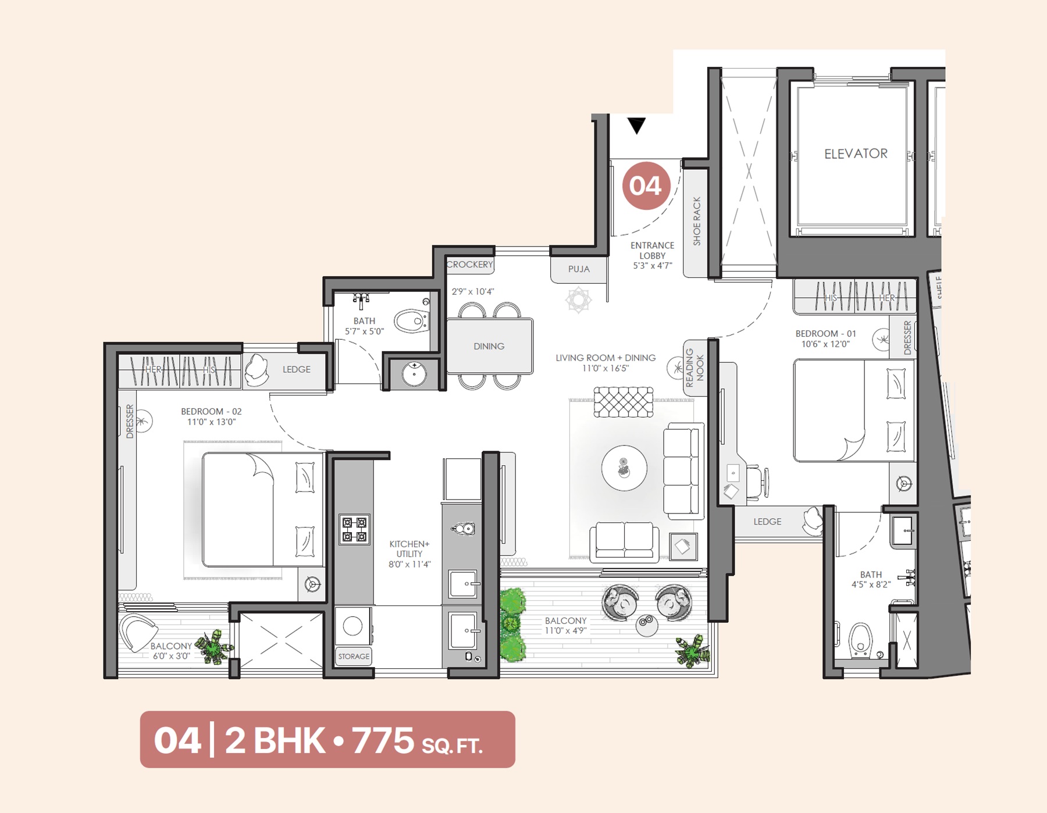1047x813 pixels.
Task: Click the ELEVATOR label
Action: (855, 154)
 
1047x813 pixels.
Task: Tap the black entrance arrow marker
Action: (637, 125)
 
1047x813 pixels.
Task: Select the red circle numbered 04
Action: (646, 186)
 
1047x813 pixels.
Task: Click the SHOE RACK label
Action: (697, 221)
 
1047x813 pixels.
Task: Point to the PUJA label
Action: (579, 269)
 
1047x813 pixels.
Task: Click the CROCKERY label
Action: (469, 265)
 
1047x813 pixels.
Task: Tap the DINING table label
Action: (489, 346)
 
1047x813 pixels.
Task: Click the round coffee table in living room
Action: (624, 468)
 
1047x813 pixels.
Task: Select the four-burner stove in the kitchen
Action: (354, 529)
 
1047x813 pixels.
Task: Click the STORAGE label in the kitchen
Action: (354, 656)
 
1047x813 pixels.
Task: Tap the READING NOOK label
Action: (695, 368)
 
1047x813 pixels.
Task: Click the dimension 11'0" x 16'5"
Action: (605, 368)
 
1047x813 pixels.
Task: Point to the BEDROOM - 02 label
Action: (211, 411)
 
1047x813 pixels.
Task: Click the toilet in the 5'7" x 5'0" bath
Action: (412, 320)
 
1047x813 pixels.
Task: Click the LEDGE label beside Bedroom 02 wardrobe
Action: (296, 369)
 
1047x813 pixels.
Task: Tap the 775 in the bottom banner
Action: (383, 740)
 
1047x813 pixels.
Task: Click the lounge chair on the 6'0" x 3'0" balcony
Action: (137, 632)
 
